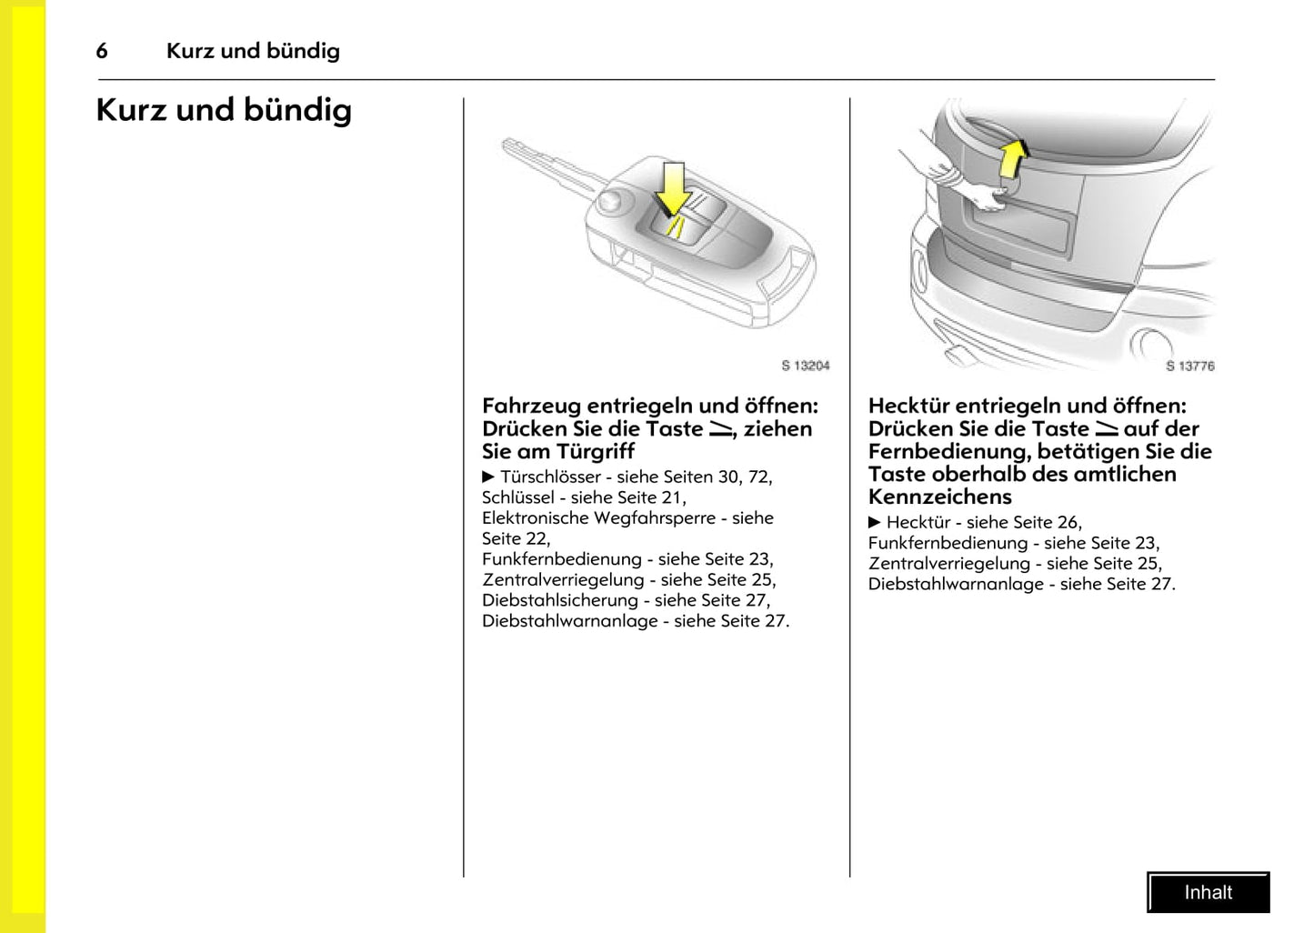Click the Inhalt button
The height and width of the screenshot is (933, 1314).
coord(1208,892)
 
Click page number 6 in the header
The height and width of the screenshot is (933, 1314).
coord(102,51)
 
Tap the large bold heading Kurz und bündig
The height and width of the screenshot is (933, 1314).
coord(224,110)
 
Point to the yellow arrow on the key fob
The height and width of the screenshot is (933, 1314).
coord(673,189)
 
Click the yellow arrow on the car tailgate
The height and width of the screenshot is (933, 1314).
coord(1013,158)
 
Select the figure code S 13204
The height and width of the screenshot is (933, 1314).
coord(806,366)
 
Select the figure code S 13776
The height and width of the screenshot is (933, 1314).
coord(1189,366)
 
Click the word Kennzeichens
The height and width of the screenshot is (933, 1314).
coord(939,497)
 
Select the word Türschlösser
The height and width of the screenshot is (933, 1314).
coord(550,477)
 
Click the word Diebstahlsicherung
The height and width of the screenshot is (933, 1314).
coord(560,600)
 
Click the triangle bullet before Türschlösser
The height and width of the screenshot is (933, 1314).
coord(488,477)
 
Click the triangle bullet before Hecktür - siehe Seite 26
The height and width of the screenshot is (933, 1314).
coord(875,522)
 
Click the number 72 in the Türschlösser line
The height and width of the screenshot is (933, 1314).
coord(758,477)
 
